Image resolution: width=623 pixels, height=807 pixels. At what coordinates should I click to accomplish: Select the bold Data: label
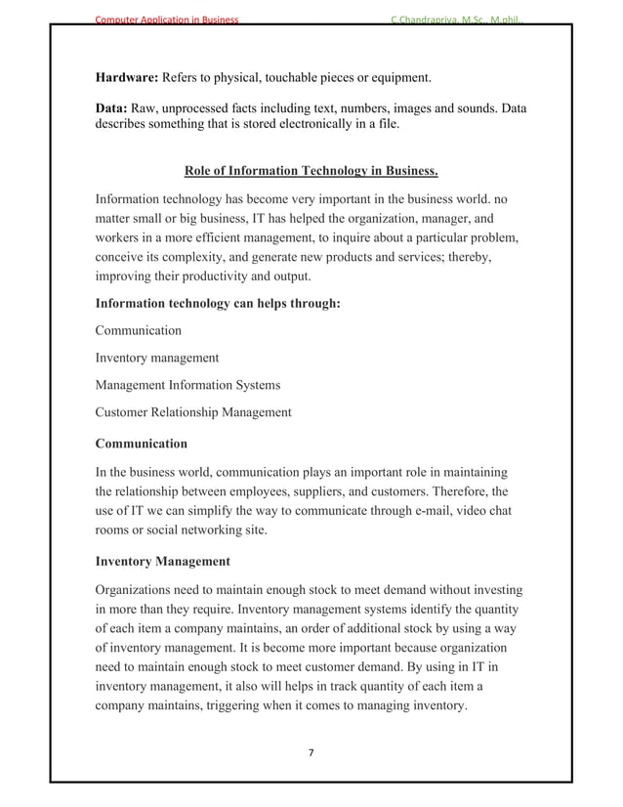(x=112, y=108)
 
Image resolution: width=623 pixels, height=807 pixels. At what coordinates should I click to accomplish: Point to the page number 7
(x=311, y=752)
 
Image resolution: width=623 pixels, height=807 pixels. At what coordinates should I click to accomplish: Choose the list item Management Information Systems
(x=187, y=385)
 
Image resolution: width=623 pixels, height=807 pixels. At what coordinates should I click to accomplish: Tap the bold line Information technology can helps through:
(x=217, y=304)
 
